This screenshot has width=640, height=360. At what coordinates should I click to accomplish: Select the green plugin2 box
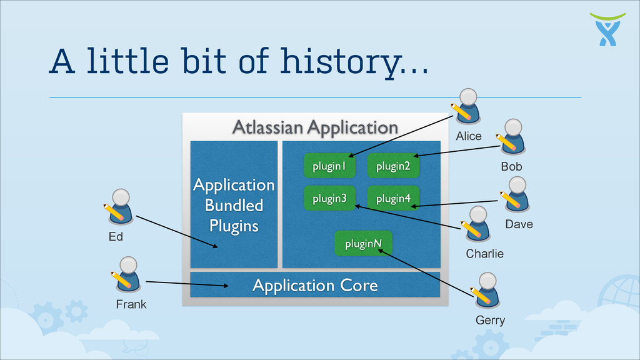393,166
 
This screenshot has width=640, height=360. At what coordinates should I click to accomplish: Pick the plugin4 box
393,199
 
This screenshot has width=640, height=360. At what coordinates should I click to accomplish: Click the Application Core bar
315,286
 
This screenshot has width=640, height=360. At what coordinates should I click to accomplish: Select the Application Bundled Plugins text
234,205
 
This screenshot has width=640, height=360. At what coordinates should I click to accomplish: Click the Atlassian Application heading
315,127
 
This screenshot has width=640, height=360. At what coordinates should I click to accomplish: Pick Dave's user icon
516,194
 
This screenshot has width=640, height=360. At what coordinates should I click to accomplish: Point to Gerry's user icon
486,290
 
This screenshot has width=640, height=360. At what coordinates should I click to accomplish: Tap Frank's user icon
126,274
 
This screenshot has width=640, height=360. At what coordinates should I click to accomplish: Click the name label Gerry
490,321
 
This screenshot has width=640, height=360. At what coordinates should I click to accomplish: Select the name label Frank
131,304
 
